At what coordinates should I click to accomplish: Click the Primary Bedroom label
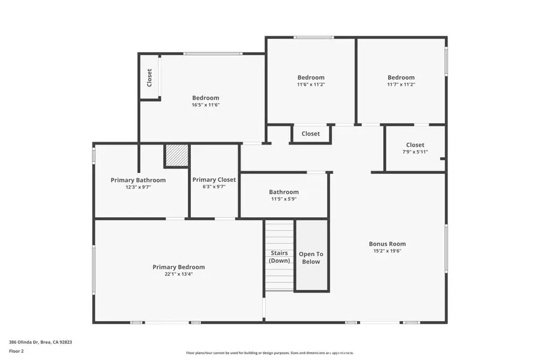click(178, 267)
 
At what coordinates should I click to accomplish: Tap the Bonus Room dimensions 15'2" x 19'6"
click(387, 251)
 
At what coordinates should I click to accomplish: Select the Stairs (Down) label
click(279, 257)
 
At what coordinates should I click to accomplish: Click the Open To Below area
click(311, 258)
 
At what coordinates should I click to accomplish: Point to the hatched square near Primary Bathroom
click(176, 155)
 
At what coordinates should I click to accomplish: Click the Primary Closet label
click(214, 179)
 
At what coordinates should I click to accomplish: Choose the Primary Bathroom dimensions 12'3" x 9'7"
click(138, 187)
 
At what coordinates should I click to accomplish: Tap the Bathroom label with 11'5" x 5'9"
click(284, 192)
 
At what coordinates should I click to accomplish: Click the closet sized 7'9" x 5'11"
click(415, 148)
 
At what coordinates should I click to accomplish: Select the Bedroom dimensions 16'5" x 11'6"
click(205, 105)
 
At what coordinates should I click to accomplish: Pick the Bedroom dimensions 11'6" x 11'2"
click(311, 85)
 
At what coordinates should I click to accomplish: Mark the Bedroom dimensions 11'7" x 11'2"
click(401, 85)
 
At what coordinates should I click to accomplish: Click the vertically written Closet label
click(149, 77)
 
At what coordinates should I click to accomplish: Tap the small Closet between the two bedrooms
click(310, 134)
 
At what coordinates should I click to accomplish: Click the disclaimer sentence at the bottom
click(269, 353)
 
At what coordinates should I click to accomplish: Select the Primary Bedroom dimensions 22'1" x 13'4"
click(178, 274)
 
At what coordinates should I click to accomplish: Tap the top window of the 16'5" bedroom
click(213, 53)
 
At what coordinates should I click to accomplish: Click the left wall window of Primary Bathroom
click(94, 155)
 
